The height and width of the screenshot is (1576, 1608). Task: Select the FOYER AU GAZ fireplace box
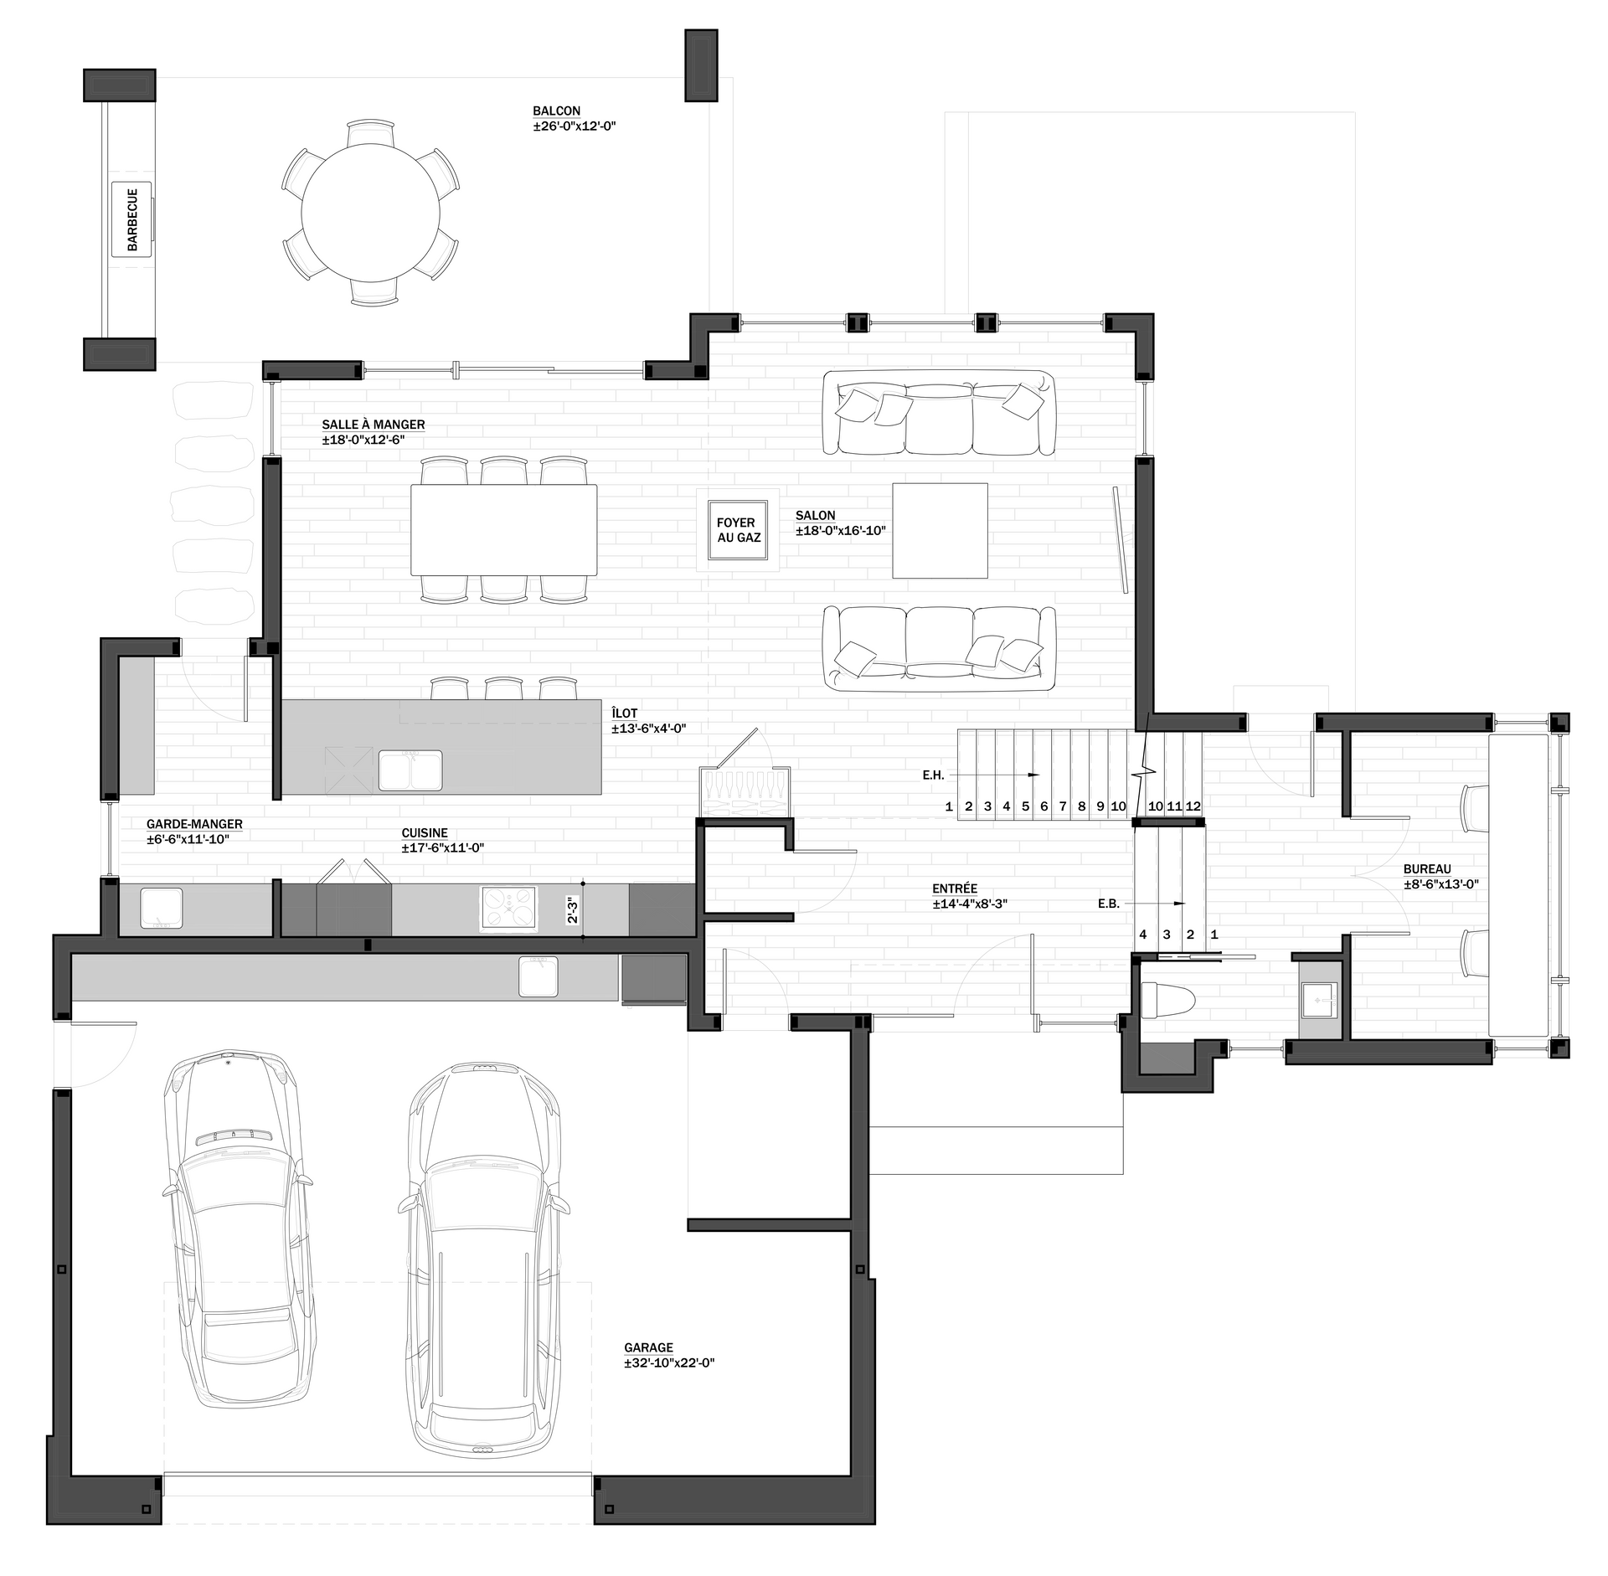pyautogui.click(x=738, y=530)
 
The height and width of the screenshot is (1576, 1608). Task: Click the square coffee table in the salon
pyautogui.click(x=940, y=530)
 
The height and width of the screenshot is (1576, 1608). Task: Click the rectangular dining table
pyautogui.click(x=504, y=530)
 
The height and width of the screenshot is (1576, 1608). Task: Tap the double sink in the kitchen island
pyautogui.click(x=410, y=770)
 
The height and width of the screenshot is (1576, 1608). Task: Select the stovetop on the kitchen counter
pyautogui.click(x=508, y=908)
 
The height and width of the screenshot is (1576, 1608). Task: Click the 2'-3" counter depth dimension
pyautogui.click(x=573, y=910)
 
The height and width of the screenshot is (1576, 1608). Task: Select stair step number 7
pyautogui.click(x=1063, y=806)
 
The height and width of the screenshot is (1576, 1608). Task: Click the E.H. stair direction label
pyautogui.click(x=934, y=775)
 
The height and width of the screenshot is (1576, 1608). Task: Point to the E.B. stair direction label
pyautogui.click(x=1109, y=904)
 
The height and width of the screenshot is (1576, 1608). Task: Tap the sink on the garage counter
pyautogui.click(x=539, y=976)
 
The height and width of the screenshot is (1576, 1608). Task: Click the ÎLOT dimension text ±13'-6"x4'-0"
pyautogui.click(x=649, y=729)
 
